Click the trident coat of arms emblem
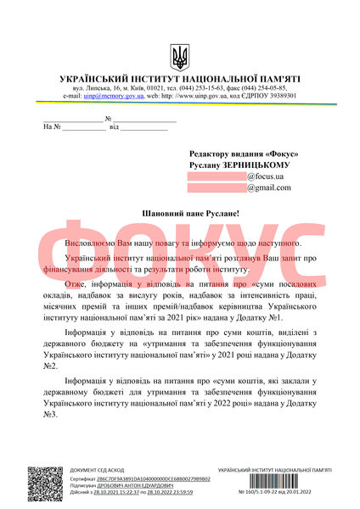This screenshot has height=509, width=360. tap(180, 58)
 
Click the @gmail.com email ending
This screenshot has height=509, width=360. tap(269, 187)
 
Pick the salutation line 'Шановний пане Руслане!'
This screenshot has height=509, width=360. tap(179, 216)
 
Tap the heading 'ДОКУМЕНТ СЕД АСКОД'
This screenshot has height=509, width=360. tap(97, 470)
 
